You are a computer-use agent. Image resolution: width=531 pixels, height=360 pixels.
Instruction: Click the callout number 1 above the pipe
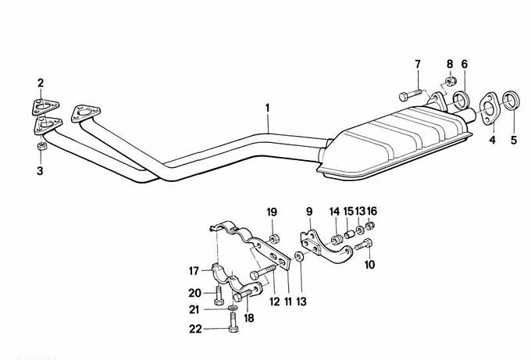(x=268, y=108)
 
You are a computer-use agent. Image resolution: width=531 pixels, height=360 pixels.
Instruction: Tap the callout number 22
(x=195, y=329)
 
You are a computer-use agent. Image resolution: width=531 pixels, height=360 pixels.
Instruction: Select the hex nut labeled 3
(x=41, y=147)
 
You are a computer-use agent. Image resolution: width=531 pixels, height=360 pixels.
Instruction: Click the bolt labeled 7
(x=411, y=94)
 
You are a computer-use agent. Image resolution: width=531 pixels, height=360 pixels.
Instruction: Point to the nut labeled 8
(x=451, y=81)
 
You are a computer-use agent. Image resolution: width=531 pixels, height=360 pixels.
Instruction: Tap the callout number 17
(x=194, y=271)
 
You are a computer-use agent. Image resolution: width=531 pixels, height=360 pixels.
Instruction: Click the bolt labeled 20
(x=219, y=294)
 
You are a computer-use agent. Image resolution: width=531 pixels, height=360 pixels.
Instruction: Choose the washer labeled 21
(x=233, y=308)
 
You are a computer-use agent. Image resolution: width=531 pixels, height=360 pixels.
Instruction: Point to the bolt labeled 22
(x=233, y=322)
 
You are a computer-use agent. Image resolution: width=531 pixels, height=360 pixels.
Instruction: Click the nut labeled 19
(x=274, y=238)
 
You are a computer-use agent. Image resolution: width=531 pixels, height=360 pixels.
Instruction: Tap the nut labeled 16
(x=371, y=225)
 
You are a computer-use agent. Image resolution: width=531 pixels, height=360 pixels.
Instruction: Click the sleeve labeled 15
(x=349, y=234)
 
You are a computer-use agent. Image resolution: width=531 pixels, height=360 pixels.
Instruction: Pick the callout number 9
(x=309, y=212)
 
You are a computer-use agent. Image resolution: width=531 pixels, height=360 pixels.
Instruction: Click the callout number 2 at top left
(x=41, y=83)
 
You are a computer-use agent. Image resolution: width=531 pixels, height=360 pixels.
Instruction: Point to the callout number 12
(x=275, y=301)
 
